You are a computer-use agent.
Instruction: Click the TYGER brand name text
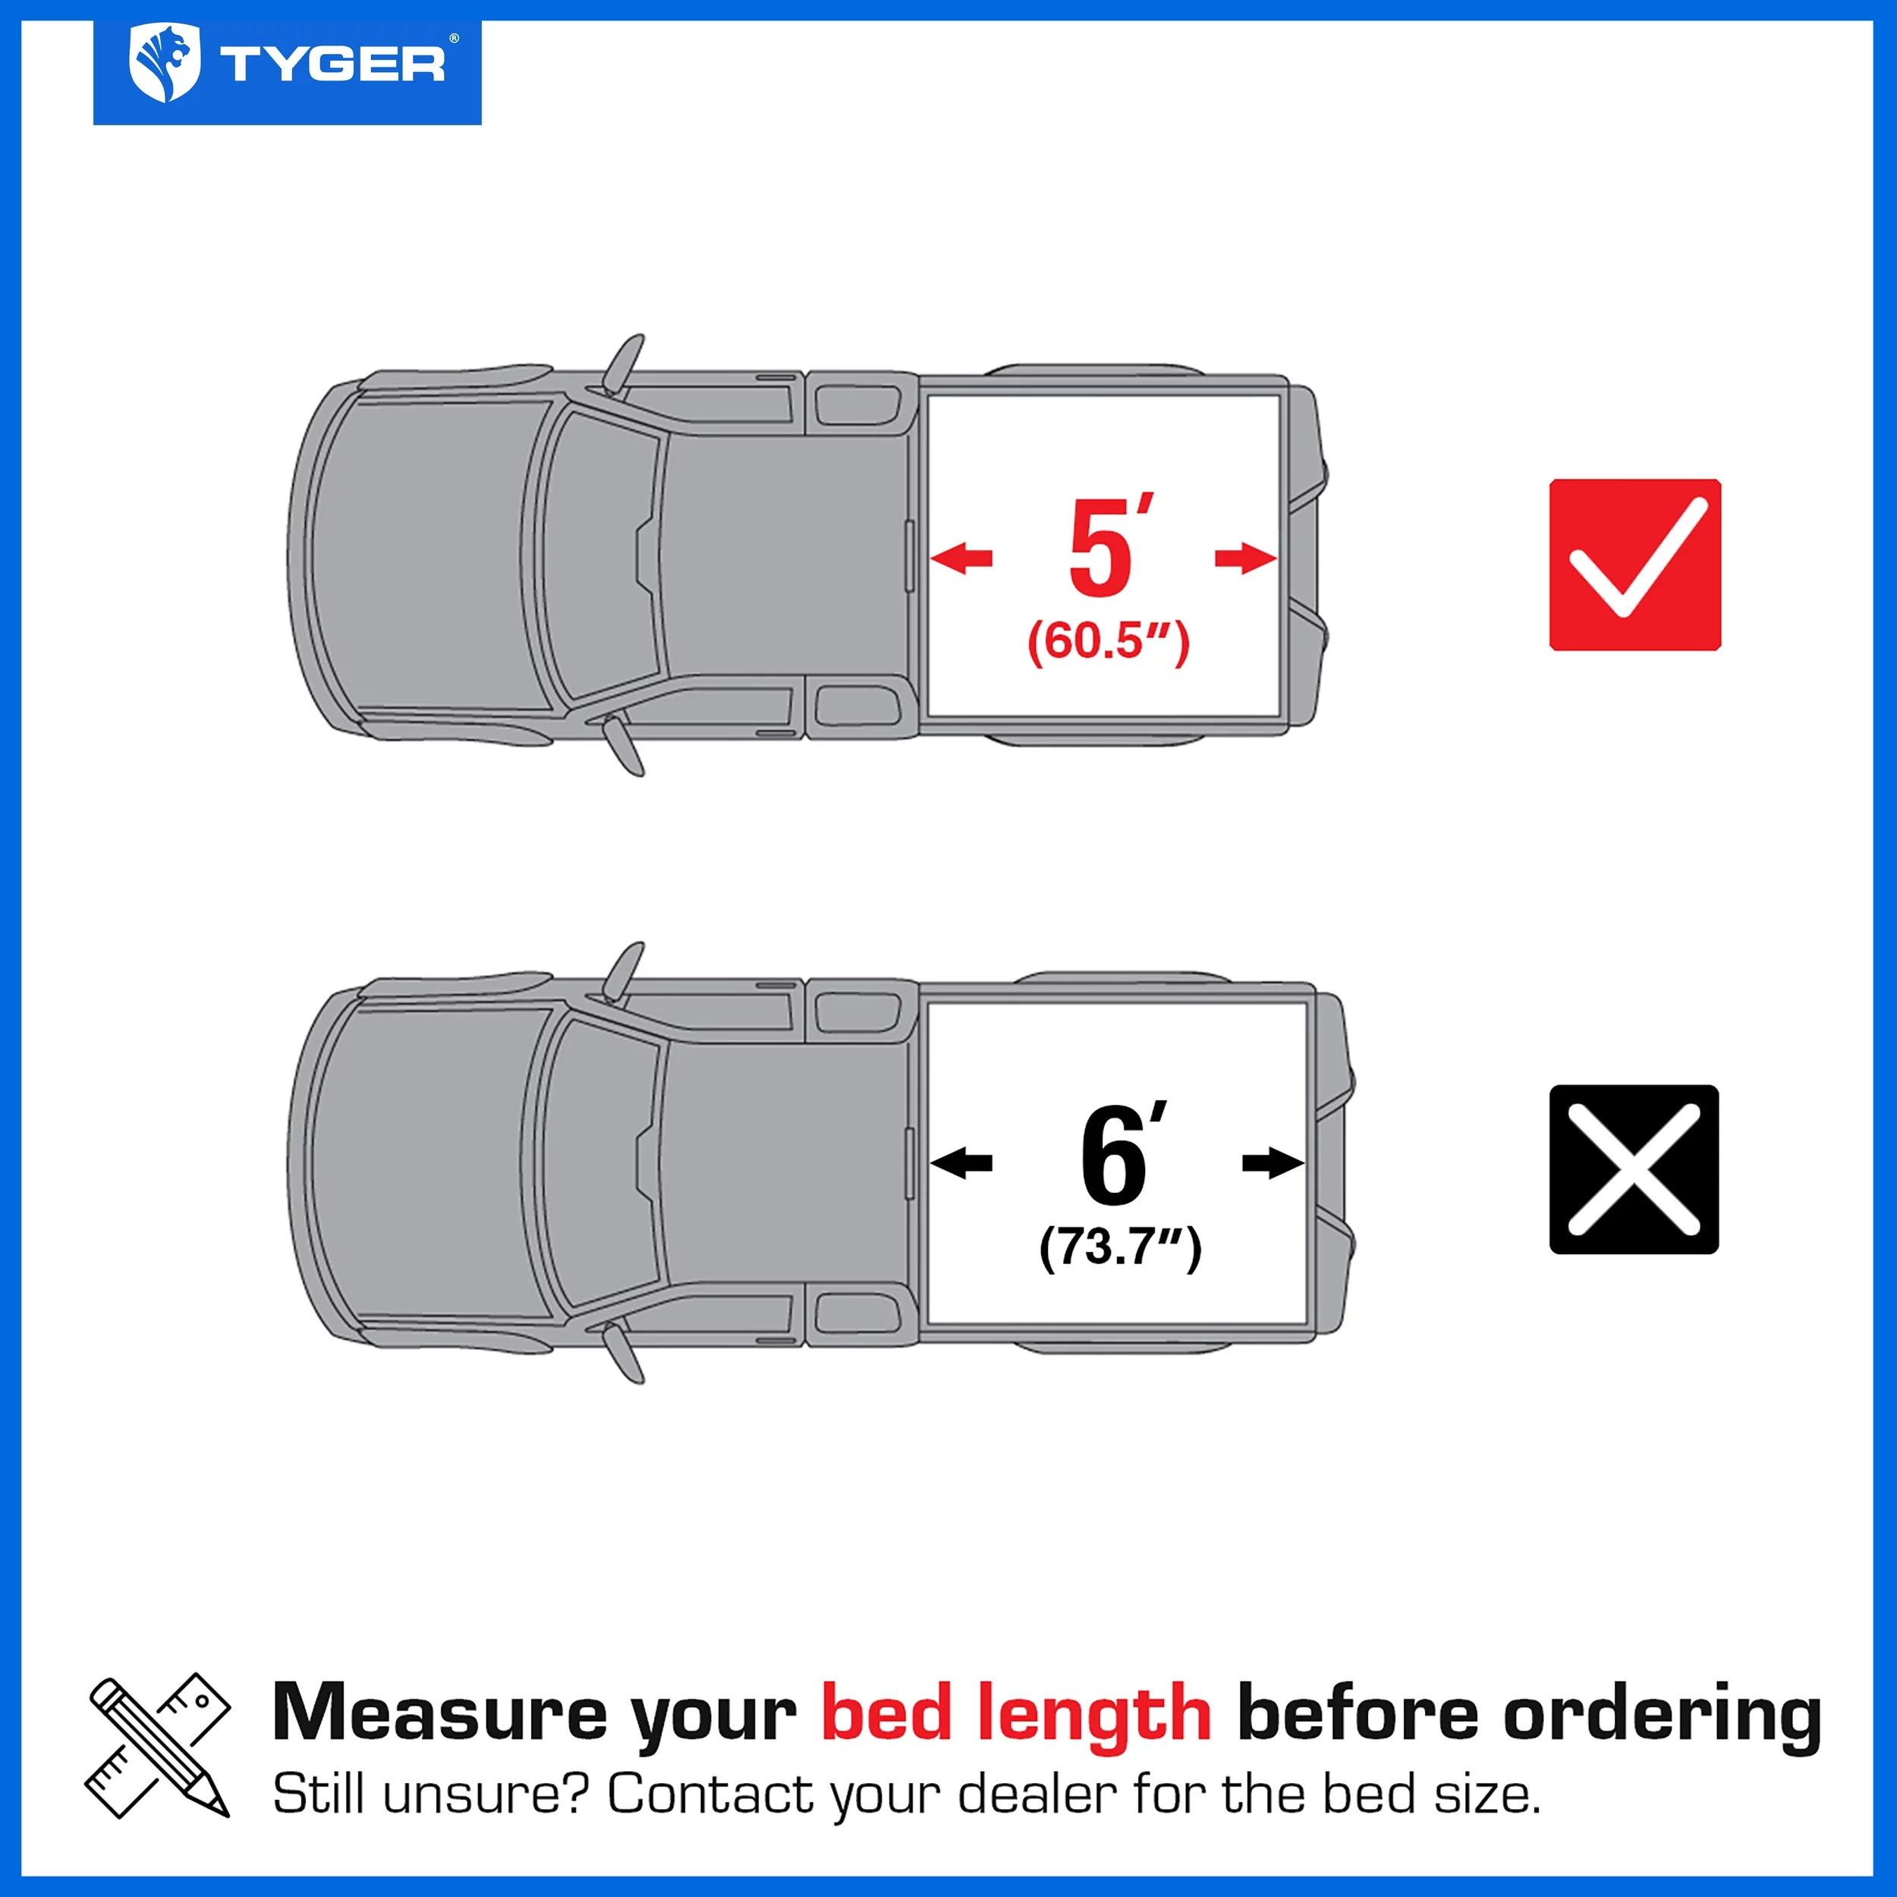[332, 66]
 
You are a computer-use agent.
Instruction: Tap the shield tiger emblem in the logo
[164, 64]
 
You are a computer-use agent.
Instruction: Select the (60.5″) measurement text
[1108, 642]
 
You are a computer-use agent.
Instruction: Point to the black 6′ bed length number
[1119, 1156]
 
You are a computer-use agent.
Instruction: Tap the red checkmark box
[1635, 565]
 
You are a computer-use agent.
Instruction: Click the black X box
[1634, 1169]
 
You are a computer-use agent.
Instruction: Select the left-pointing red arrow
[961, 558]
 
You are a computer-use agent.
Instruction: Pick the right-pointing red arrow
[1246, 558]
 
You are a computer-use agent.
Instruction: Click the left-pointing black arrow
[961, 1163]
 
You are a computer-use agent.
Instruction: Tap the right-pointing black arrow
[1273, 1163]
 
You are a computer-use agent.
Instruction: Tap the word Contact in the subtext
[710, 1795]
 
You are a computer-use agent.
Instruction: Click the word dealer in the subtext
[1036, 1795]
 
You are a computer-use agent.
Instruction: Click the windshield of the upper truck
[599, 555]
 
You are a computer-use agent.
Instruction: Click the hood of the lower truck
[422, 1163]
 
